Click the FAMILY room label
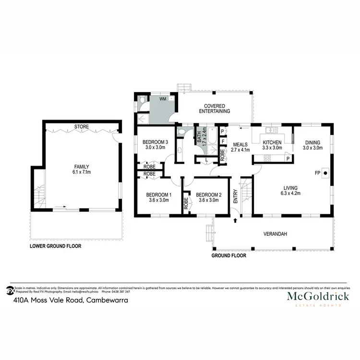coord(81,166)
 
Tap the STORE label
coord(81,127)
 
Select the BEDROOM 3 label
coord(155,142)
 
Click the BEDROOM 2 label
coord(209,194)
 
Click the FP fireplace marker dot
coord(325,172)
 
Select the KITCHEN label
coord(272,142)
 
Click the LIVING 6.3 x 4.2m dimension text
coord(291,193)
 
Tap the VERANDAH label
coord(276,234)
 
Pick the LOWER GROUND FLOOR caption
coord(56,246)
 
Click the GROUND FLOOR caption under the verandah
coord(229,256)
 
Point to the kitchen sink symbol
coord(272,130)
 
